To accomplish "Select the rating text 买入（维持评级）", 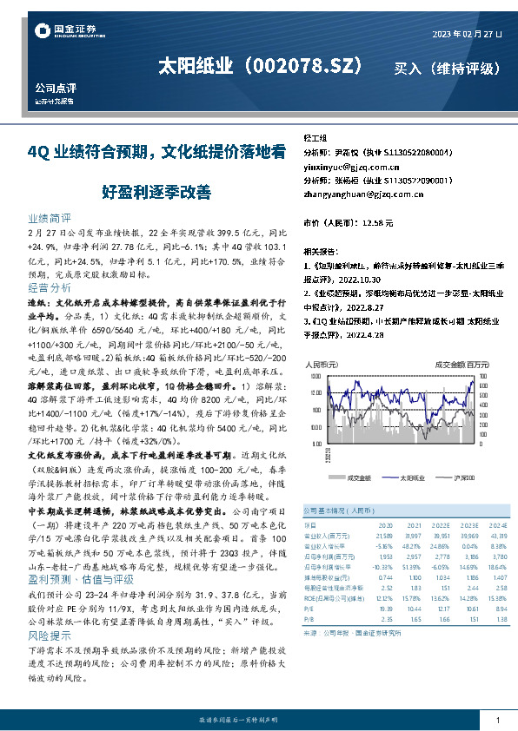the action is pyautogui.click(x=446, y=68).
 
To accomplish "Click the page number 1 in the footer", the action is pyautogui.click(x=496, y=720).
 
